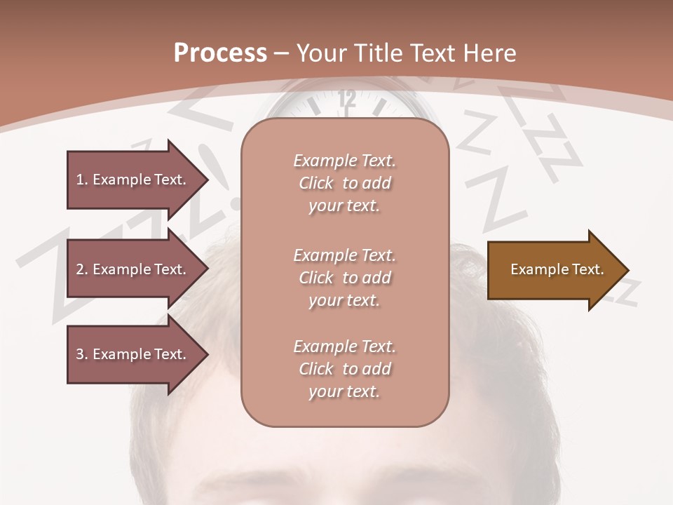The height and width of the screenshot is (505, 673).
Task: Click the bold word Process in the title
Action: click(220, 53)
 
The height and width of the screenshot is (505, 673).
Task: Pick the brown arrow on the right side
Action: click(554, 270)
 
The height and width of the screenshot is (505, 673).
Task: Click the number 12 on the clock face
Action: click(346, 100)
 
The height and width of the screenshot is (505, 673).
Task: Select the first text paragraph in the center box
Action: click(344, 183)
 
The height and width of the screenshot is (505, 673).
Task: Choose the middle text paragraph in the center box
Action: click(344, 278)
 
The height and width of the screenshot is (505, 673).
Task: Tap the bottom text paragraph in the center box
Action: click(344, 369)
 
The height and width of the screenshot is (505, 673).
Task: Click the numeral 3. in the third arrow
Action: click(82, 354)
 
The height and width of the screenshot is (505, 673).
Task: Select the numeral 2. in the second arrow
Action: click(82, 269)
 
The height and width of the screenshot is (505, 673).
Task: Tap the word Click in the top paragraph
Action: click(316, 183)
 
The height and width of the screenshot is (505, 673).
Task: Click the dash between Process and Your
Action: click(281, 54)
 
